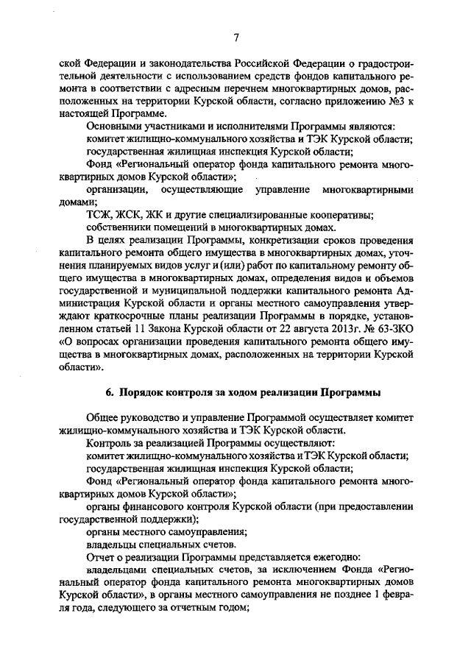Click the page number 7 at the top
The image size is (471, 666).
pos(235,38)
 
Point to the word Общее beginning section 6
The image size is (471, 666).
pos(105,417)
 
